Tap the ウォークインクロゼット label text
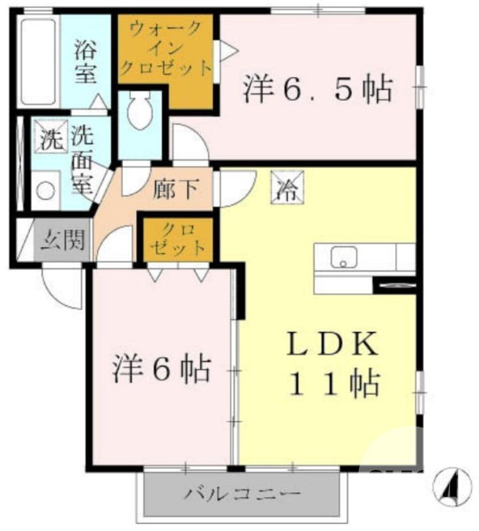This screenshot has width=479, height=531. pyautogui.click(x=165, y=48)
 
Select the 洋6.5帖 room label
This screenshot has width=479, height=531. pyautogui.click(x=317, y=90)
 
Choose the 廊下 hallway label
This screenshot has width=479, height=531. pyautogui.click(x=174, y=189)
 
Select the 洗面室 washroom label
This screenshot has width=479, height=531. pyautogui.click(x=83, y=159)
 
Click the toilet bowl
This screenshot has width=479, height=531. pyautogui.click(x=140, y=111)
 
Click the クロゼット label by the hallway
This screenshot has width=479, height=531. pyautogui.click(x=177, y=239)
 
